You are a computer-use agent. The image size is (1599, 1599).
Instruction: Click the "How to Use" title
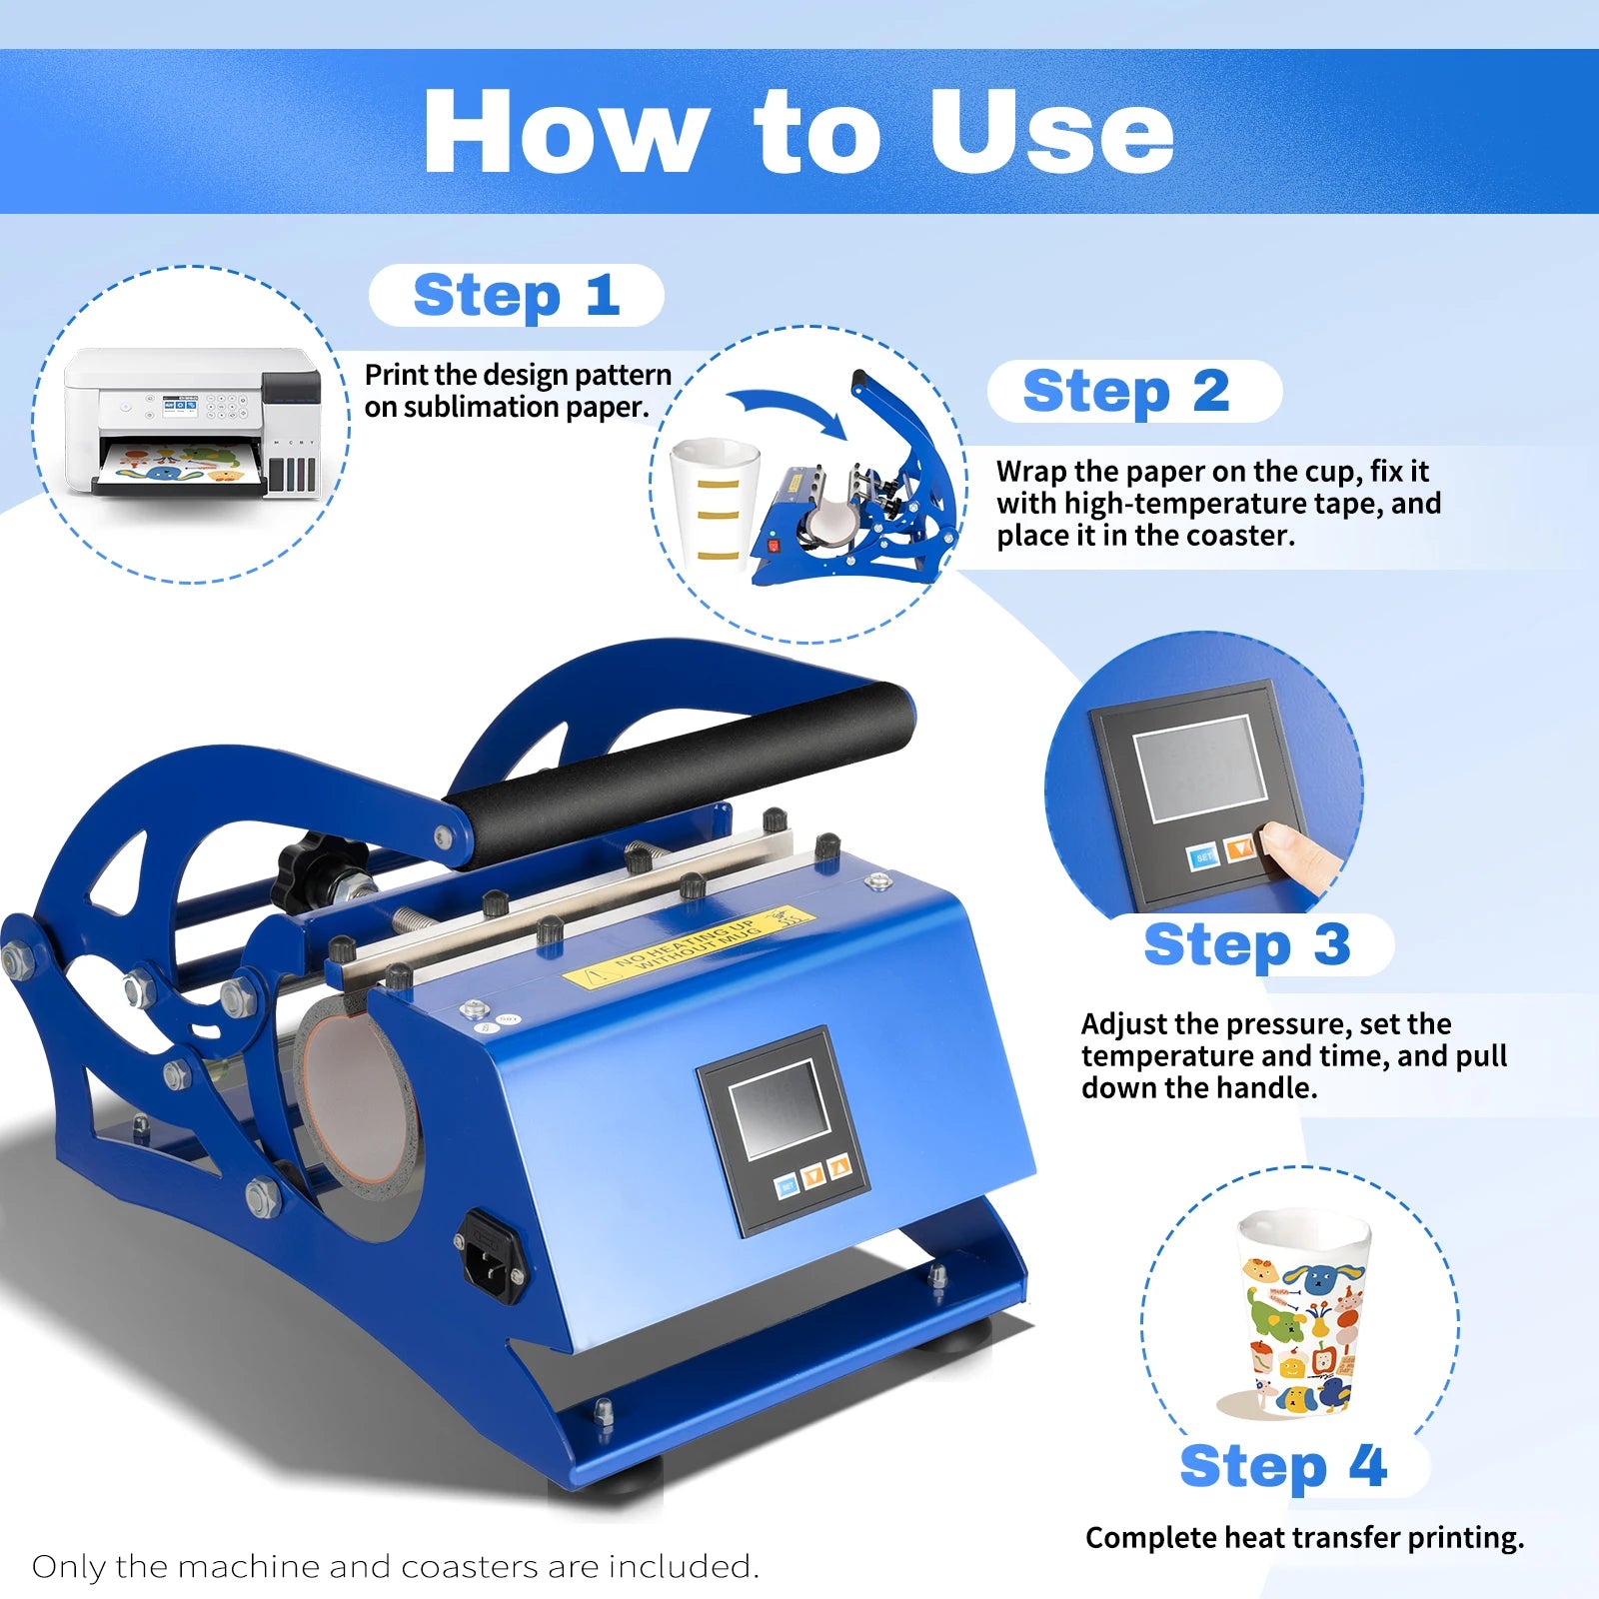799,131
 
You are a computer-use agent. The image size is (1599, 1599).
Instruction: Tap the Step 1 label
517,296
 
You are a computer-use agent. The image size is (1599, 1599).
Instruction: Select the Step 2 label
1126,391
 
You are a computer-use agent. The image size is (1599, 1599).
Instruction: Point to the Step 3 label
1247,944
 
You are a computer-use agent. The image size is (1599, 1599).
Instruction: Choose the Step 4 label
1283,1466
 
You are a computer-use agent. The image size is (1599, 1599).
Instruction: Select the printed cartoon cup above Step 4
1300,1311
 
